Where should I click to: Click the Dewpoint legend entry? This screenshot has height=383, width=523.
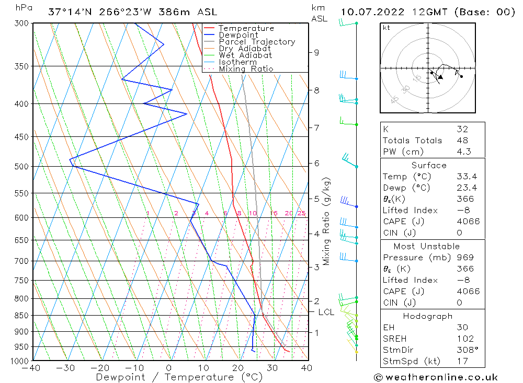pyautogui.click(x=238, y=35)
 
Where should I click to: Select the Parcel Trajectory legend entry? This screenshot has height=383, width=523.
pyautogui.click(x=257, y=42)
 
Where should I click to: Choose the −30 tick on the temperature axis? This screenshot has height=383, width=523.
pyautogui.click(x=66, y=368)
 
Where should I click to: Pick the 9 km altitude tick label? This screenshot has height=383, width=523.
pyautogui.click(x=316, y=52)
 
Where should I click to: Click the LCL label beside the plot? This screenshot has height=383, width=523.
pyautogui.click(x=326, y=312)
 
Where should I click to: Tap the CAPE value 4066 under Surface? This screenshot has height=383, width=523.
pyautogui.click(x=468, y=222)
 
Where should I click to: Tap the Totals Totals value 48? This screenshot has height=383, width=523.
pyautogui.click(x=462, y=140)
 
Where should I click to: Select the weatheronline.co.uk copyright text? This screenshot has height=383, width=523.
pyautogui.click(x=436, y=377)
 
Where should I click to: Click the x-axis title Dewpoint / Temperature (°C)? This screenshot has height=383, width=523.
pyautogui.click(x=179, y=377)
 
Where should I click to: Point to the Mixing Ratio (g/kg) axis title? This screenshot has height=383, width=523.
pyautogui.click(x=327, y=222)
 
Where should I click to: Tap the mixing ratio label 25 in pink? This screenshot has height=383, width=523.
pyautogui.click(x=301, y=213)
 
